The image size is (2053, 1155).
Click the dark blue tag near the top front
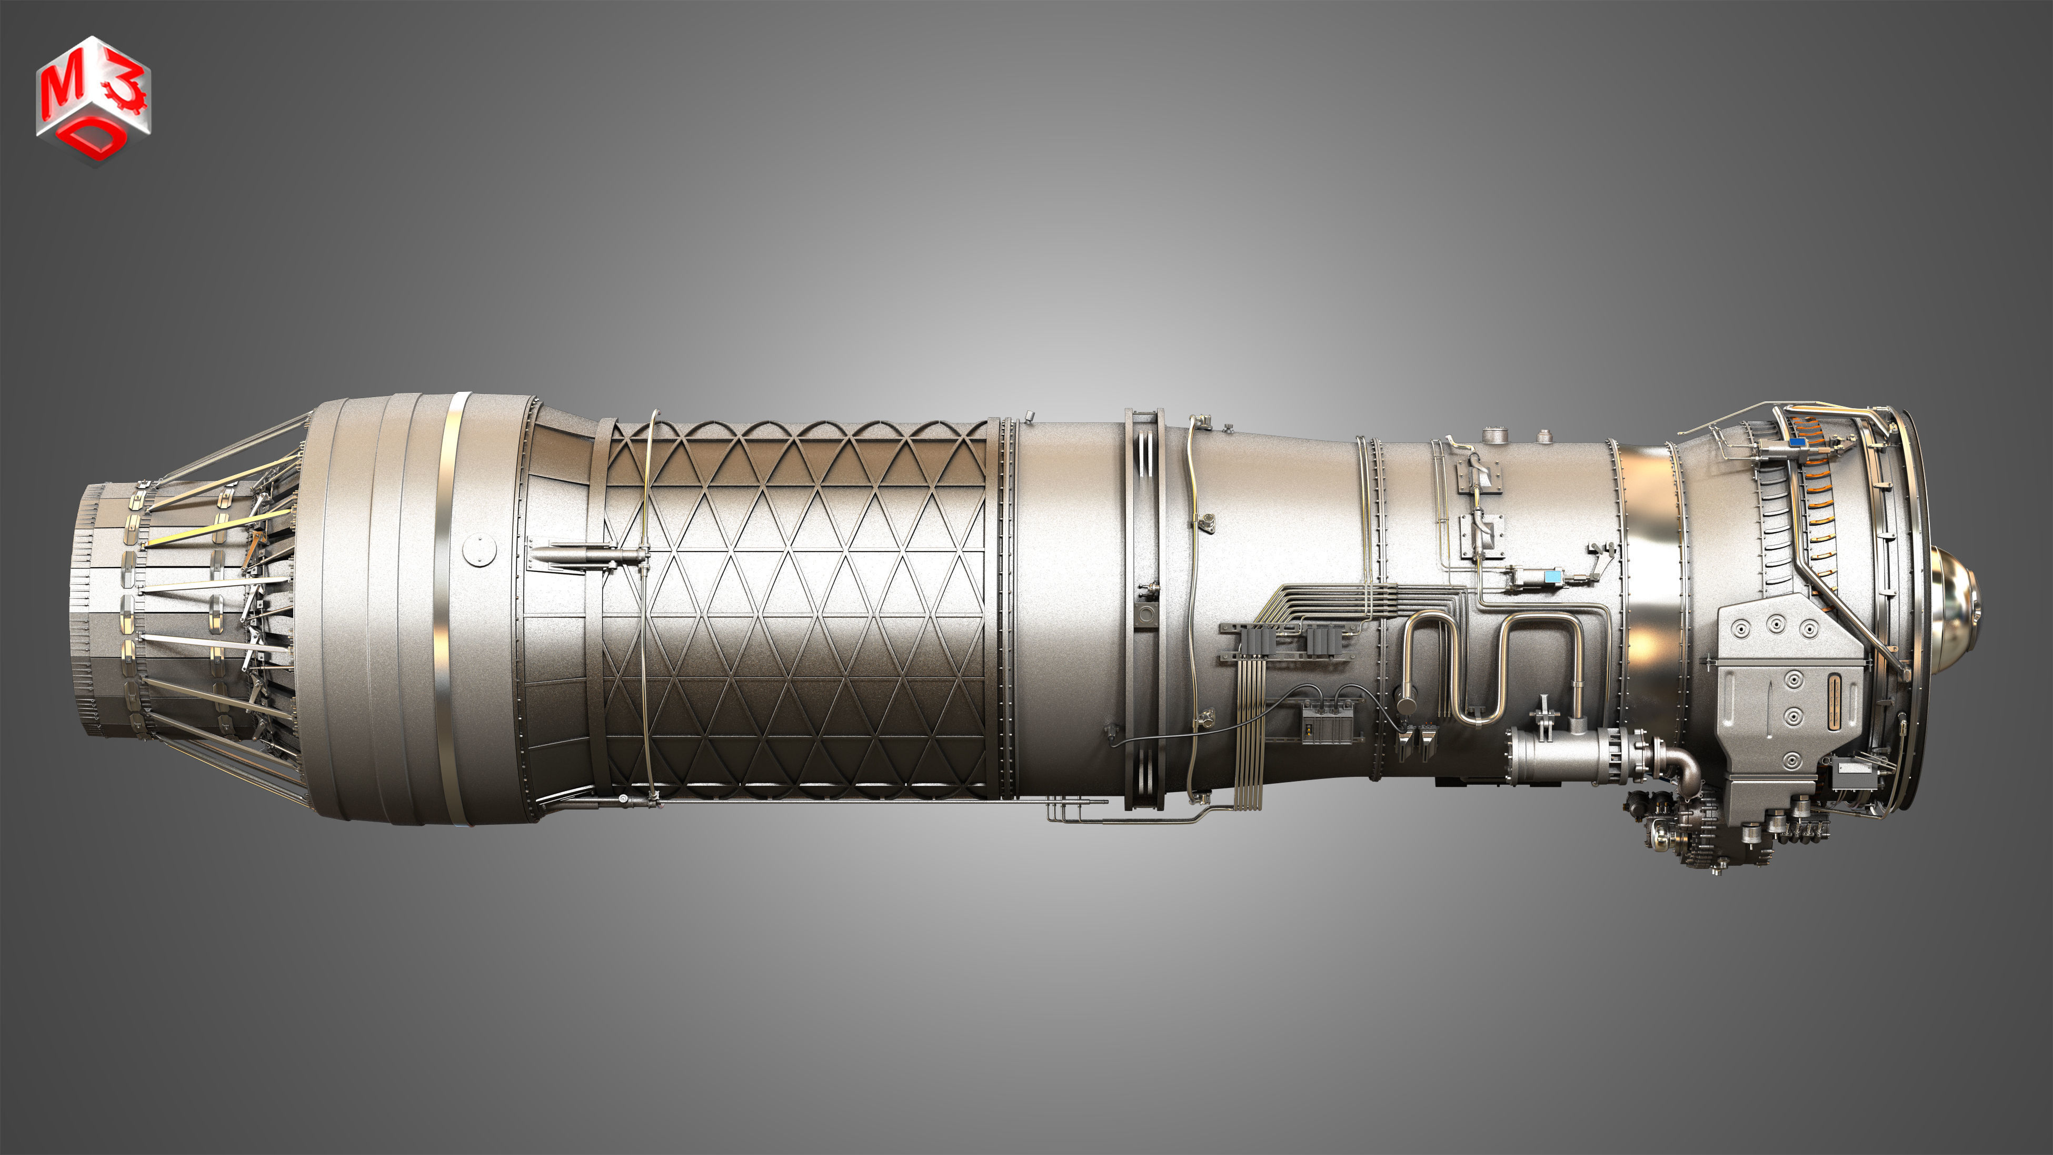coord(1796,441)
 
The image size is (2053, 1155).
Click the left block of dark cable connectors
coord(1259,638)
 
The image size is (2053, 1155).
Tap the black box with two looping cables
coord(1324,725)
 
